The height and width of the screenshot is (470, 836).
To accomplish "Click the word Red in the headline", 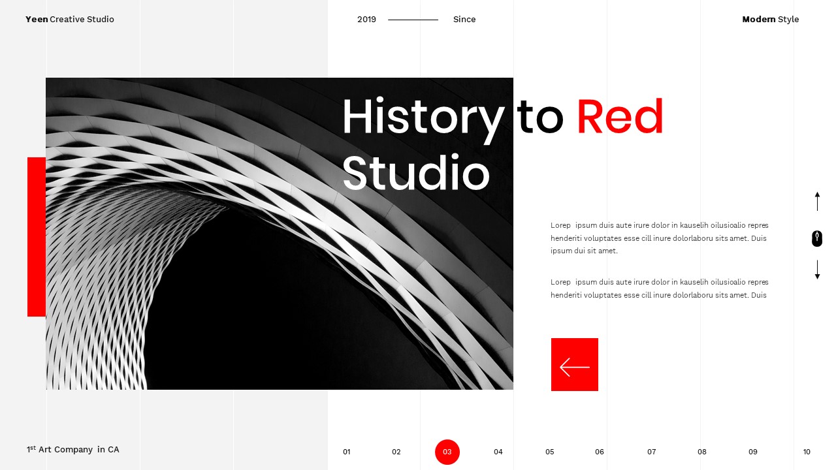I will [x=619, y=117].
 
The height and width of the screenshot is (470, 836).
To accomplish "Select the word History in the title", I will [x=423, y=117].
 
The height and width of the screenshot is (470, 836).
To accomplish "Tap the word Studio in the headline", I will [x=415, y=173].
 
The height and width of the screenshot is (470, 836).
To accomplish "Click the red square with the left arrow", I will [x=575, y=364].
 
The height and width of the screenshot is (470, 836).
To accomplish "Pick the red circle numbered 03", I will [x=447, y=452].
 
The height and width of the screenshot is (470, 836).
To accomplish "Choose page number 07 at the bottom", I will [x=651, y=452].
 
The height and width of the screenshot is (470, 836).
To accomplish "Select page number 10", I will [x=807, y=452].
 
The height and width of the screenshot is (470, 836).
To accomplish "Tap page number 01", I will [x=347, y=452].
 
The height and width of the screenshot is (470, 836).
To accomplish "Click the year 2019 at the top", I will [x=366, y=20].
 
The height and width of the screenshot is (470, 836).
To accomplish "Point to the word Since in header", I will [x=464, y=20].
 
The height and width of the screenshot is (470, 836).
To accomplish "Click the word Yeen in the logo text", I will [x=37, y=20].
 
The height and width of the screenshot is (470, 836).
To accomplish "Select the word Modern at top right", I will [x=758, y=20].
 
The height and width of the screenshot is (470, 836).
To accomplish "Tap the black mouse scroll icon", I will [x=817, y=238].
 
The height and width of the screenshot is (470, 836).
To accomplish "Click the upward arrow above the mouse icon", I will [x=817, y=201].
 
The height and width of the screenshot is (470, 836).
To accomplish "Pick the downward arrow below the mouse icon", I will [x=817, y=270].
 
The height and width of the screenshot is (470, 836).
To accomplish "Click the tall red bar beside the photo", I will [x=37, y=237].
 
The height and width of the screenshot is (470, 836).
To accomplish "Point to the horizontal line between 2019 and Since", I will [x=413, y=20].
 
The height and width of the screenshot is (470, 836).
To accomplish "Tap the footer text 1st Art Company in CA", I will [x=73, y=449].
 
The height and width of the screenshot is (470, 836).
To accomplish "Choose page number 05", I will [x=549, y=452].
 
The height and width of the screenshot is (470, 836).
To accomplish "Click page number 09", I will [x=753, y=452].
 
